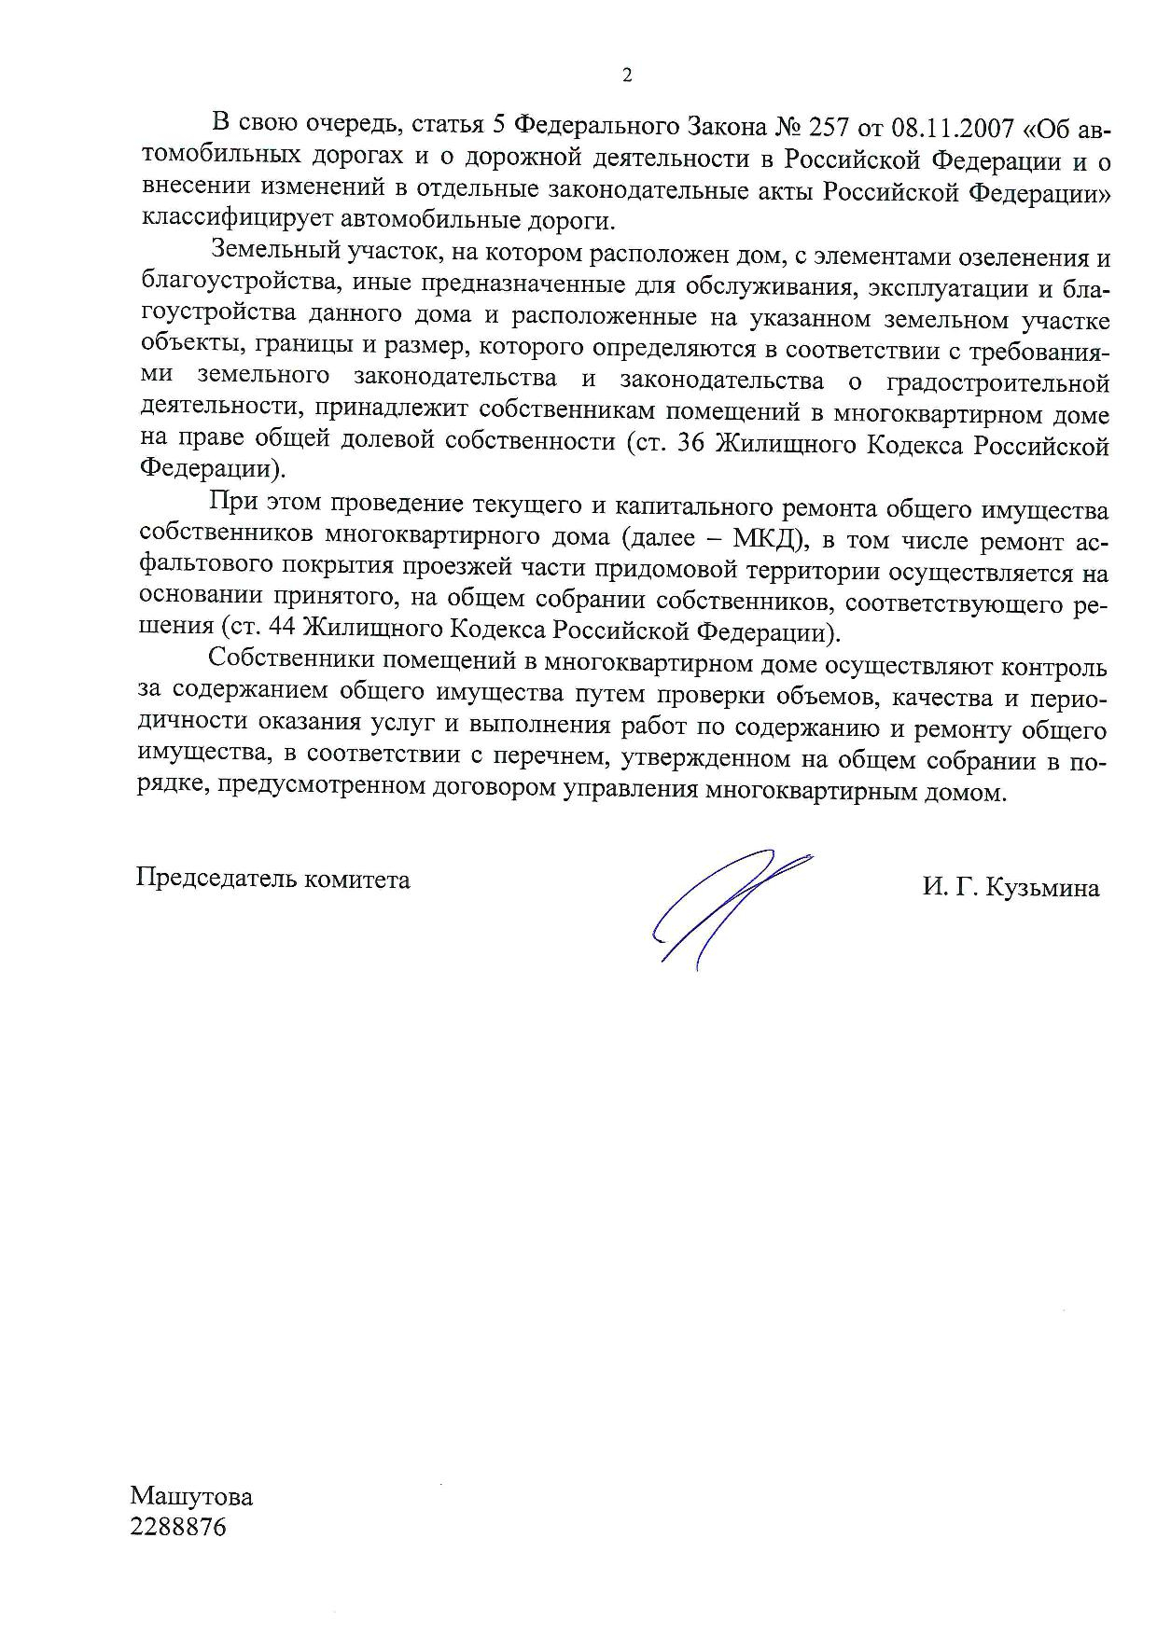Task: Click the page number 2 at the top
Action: pos(627,76)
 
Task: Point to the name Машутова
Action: pos(191,1497)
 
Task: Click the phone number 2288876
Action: pos(178,1529)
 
